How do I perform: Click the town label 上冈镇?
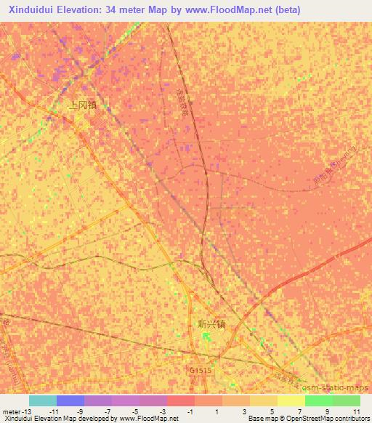(82, 105)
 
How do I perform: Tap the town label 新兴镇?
(211, 324)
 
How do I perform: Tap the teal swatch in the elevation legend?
(43, 400)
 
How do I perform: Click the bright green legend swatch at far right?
(347, 400)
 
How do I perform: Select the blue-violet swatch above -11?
(70, 400)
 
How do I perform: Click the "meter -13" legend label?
(17, 411)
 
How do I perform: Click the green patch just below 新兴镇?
(206, 337)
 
